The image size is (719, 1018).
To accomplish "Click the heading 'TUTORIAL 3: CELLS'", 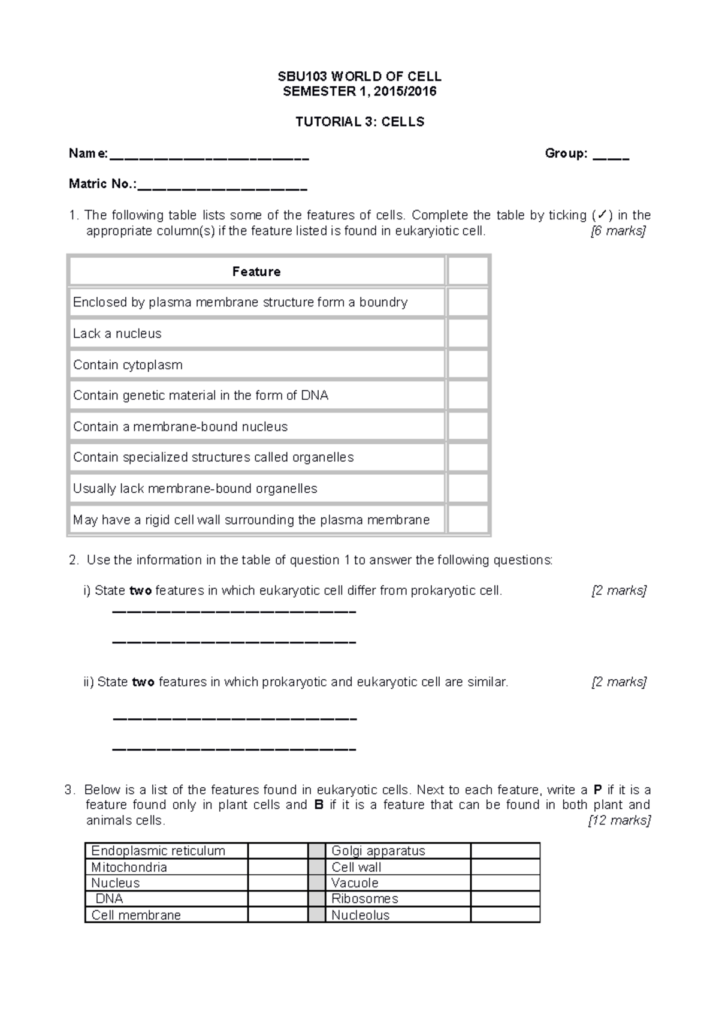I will click(x=359, y=122).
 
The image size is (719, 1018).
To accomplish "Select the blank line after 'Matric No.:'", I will click(x=222, y=188).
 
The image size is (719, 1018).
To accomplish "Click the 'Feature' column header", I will click(x=256, y=272).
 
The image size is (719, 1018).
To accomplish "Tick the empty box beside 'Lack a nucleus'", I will click(x=468, y=333).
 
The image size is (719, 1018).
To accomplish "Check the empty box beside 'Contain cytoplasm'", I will click(x=468, y=365).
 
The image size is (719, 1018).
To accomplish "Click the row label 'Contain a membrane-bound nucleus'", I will click(x=180, y=427).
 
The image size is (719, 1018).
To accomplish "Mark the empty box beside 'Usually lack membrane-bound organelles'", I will click(x=468, y=489).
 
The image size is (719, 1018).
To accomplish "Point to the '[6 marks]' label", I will click(x=618, y=231).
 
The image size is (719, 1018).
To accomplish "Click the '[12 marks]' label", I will click(x=620, y=821).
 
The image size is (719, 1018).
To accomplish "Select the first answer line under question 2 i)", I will click(x=234, y=612).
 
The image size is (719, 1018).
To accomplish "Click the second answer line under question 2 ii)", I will click(x=234, y=749).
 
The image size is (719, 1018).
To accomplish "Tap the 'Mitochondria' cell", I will click(x=129, y=867).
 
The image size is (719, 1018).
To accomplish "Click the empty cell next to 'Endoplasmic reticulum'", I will click(x=277, y=851).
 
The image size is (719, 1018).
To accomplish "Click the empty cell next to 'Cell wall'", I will click(x=505, y=867).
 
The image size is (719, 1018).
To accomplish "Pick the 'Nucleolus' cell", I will click(x=361, y=915).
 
